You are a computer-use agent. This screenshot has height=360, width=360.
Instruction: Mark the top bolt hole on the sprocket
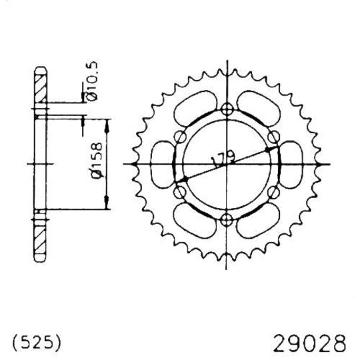(x=227, y=111)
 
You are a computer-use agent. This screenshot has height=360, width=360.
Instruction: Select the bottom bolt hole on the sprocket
(x=227, y=219)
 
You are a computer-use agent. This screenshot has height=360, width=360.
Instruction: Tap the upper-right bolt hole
(x=273, y=137)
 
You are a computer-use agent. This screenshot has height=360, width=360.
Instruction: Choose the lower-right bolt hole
(x=273, y=193)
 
